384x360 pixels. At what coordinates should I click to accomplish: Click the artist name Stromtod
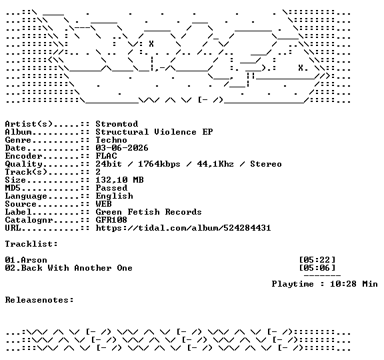[117, 124]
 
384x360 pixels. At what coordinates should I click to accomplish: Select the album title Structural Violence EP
[154, 132]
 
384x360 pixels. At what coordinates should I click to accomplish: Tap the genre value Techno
[111, 140]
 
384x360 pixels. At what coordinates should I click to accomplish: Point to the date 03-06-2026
[122, 148]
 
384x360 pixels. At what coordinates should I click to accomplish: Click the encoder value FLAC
[106, 156]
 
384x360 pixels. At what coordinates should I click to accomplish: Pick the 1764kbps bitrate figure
[159, 164]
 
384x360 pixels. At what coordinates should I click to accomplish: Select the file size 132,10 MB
[119, 180]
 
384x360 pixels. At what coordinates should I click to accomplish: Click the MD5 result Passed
[111, 188]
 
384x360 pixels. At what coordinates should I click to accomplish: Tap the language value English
[115, 196]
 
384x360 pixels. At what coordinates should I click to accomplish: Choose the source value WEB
[103, 204]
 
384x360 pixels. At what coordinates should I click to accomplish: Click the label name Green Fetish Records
[149, 212]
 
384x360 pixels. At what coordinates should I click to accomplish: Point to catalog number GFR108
[111, 220]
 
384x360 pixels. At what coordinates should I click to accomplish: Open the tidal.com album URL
[183, 228]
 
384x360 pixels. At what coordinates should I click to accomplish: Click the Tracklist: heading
[31, 244]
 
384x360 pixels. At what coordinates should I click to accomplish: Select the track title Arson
[34, 260]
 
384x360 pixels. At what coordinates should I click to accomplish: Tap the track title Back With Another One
[77, 268]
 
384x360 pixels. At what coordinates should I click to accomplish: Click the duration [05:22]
[317, 260]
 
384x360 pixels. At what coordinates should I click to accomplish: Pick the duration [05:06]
[317, 268]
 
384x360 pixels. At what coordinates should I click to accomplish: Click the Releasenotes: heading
[39, 300]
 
